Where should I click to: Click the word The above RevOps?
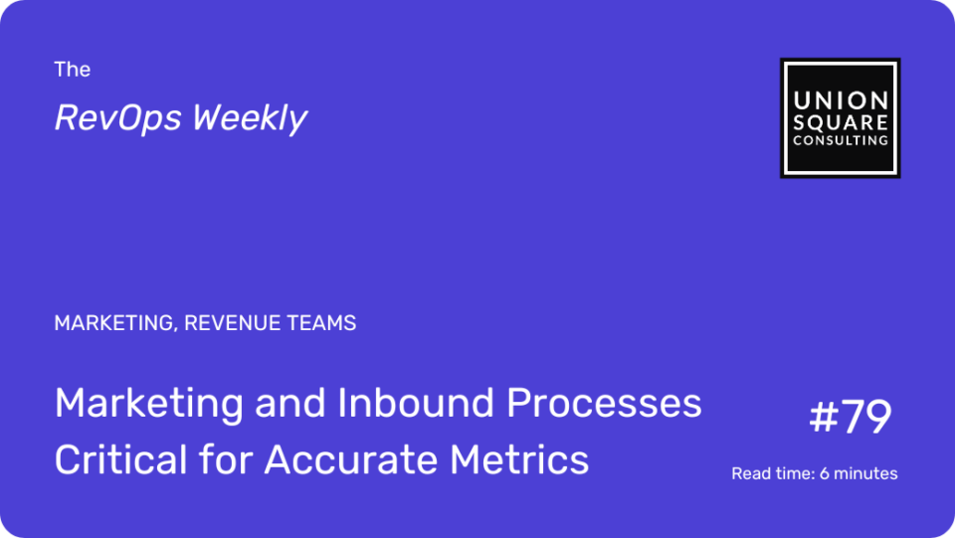click(72, 70)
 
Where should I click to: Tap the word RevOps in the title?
click(118, 117)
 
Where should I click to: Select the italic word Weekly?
click(250, 117)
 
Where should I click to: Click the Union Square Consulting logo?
click(840, 118)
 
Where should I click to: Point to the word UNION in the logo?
click(841, 100)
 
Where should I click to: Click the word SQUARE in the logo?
click(841, 123)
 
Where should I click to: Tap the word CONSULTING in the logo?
click(841, 140)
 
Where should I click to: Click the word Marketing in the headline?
click(148, 404)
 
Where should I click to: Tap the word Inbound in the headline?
click(416, 403)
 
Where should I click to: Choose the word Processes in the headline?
click(604, 403)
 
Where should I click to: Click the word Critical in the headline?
click(120, 458)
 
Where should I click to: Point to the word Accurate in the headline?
click(351, 459)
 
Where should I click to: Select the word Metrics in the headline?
click(519, 458)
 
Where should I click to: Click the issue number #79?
click(851, 417)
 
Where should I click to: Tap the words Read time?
click(773, 473)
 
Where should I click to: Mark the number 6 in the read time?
click(824, 473)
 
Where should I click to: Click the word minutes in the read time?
click(865, 473)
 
